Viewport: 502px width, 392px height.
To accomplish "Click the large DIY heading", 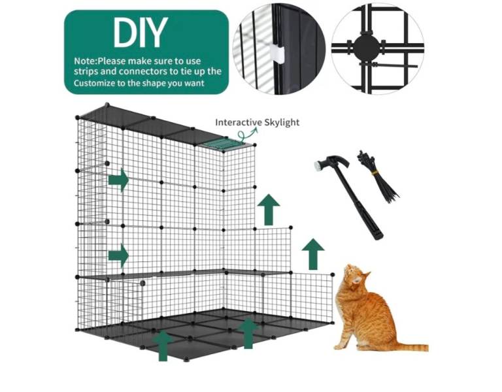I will coord(141,33).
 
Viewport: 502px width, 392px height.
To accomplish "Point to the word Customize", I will coord(97,83).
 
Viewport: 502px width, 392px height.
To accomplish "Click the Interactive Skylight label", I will coord(258,122).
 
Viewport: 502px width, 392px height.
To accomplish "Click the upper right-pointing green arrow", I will coord(118,180).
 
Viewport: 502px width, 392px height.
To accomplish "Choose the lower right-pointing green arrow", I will coord(118,255).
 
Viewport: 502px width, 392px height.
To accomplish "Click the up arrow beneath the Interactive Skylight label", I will coord(268,210).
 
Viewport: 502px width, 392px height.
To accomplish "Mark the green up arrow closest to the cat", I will coord(313,253).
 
